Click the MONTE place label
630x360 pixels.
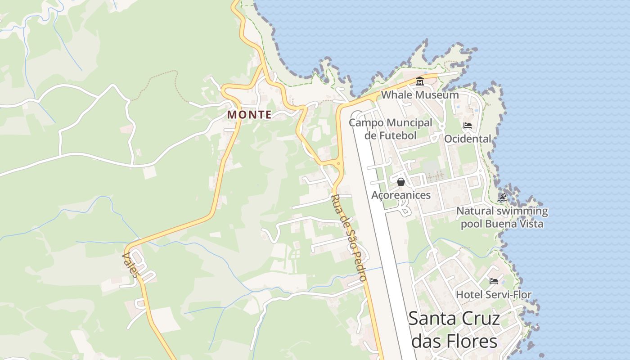(249, 115)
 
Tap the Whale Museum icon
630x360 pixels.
(420, 81)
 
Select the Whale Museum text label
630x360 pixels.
(420, 95)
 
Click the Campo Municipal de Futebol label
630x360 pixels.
(390, 129)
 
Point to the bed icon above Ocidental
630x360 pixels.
(468, 126)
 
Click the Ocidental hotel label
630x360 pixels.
(468, 139)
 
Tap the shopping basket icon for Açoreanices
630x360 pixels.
(401, 182)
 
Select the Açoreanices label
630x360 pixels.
(401, 195)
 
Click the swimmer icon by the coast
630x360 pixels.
(502, 198)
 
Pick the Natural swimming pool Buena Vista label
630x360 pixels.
(502, 217)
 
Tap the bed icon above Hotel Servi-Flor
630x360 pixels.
(494, 281)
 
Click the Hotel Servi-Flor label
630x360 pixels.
(494, 295)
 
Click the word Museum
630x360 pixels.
(437, 95)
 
